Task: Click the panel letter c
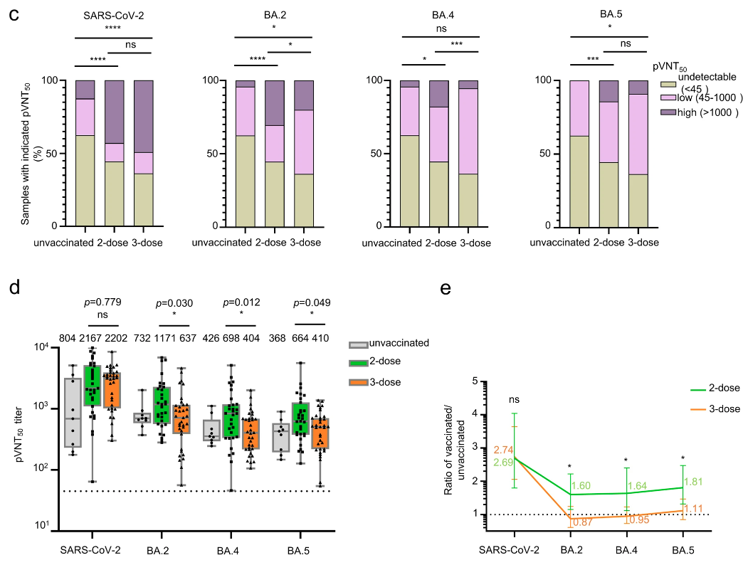pos(14,15)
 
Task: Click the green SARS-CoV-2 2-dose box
pos(92,386)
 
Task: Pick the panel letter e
pos(446,289)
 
